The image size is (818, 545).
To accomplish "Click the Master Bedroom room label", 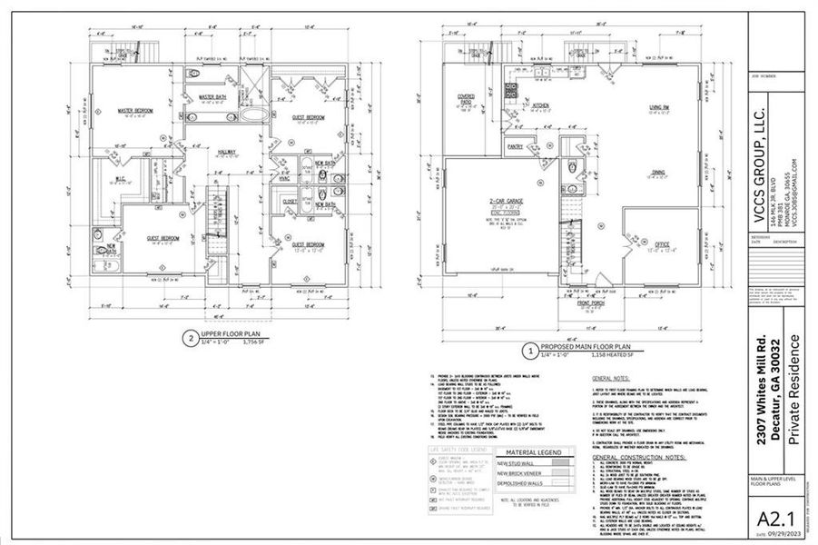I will tap(135, 111).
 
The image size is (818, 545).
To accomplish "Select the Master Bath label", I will tap(212, 96).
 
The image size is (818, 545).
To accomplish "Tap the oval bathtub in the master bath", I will tap(254, 116).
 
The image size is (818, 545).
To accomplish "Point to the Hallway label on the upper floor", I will tap(228, 151).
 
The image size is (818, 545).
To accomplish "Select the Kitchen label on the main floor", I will tap(541, 105).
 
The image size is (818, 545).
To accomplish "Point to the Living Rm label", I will tap(659, 106).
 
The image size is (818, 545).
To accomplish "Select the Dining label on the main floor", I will tap(658, 171).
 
